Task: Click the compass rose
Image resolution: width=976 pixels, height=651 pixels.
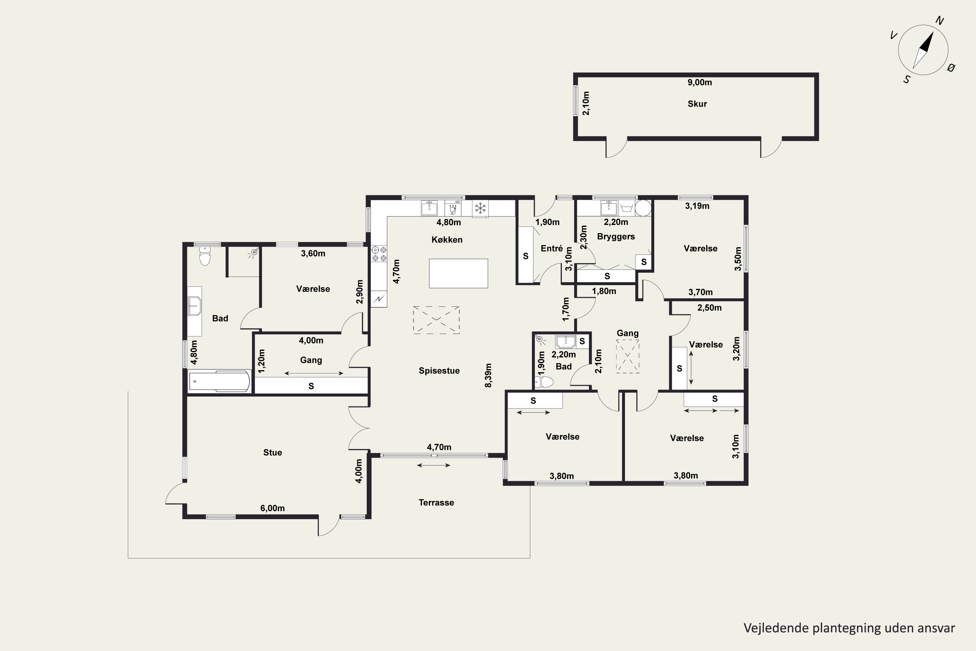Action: click(x=923, y=50)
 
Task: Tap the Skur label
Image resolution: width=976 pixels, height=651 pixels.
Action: click(x=697, y=104)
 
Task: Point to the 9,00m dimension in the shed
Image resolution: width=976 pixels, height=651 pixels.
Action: click(x=700, y=82)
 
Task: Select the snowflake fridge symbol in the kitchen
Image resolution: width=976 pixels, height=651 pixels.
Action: click(x=480, y=208)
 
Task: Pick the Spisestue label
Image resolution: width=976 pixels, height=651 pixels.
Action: click(x=439, y=371)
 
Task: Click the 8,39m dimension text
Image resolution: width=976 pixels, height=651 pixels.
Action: click(x=488, y=375)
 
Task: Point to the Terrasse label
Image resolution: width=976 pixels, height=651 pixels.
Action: click(x=436, y=502)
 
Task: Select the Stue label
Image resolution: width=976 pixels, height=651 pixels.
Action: click(x=272, y=452)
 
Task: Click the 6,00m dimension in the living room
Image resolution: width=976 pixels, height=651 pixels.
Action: click(x=272, y=508)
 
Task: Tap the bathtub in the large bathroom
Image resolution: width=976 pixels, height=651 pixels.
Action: click(x=219, y=381)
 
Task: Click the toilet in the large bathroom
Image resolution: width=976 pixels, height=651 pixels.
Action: click(x=205, y=256)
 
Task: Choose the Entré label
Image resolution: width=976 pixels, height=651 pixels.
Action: click(x=551, y=248)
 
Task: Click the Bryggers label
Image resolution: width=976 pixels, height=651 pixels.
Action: click(x=616, y=236)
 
